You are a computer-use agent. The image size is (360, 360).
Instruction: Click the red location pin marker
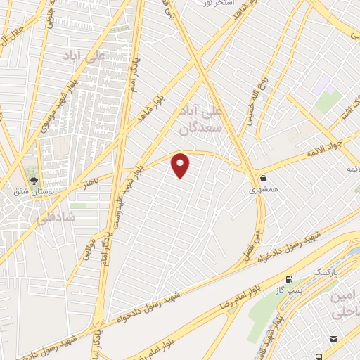click(x=181, y=165)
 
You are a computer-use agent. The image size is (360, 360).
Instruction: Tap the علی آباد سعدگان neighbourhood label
click(x=221, y=120)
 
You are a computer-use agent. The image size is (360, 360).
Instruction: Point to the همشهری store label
click(x=264, y=190)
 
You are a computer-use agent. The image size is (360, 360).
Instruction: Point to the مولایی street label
click(x=89, y=251)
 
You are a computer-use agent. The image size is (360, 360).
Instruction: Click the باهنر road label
click(x=94, y=182)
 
